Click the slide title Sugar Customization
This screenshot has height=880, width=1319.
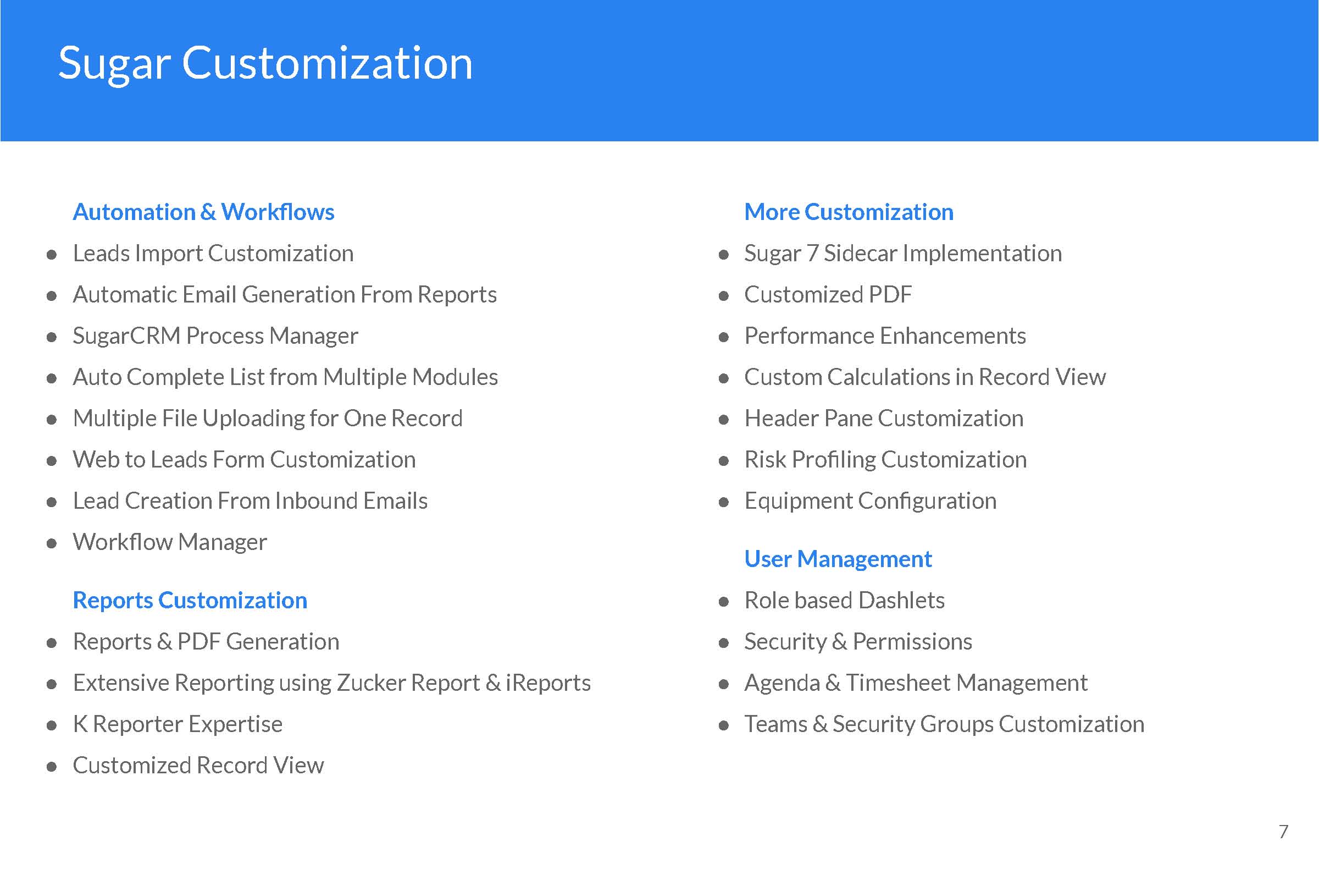click(x=265, y=64)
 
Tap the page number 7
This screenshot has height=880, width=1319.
click(x=1283, y=831)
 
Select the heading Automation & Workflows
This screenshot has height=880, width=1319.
click(x=203, y=212)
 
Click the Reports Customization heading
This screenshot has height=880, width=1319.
click(x=190, y=601)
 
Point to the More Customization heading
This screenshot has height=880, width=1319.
click(x=849, y=212)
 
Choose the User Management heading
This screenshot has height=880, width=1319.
click(x=838, y=559)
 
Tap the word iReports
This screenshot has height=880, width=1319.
click(x=548, y=683)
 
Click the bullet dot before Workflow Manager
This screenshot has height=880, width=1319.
click(x=52, y=543)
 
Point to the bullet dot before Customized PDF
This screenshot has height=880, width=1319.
click(x=723, y=296)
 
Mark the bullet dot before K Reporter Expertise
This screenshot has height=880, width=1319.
click(x=52, y=725)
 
